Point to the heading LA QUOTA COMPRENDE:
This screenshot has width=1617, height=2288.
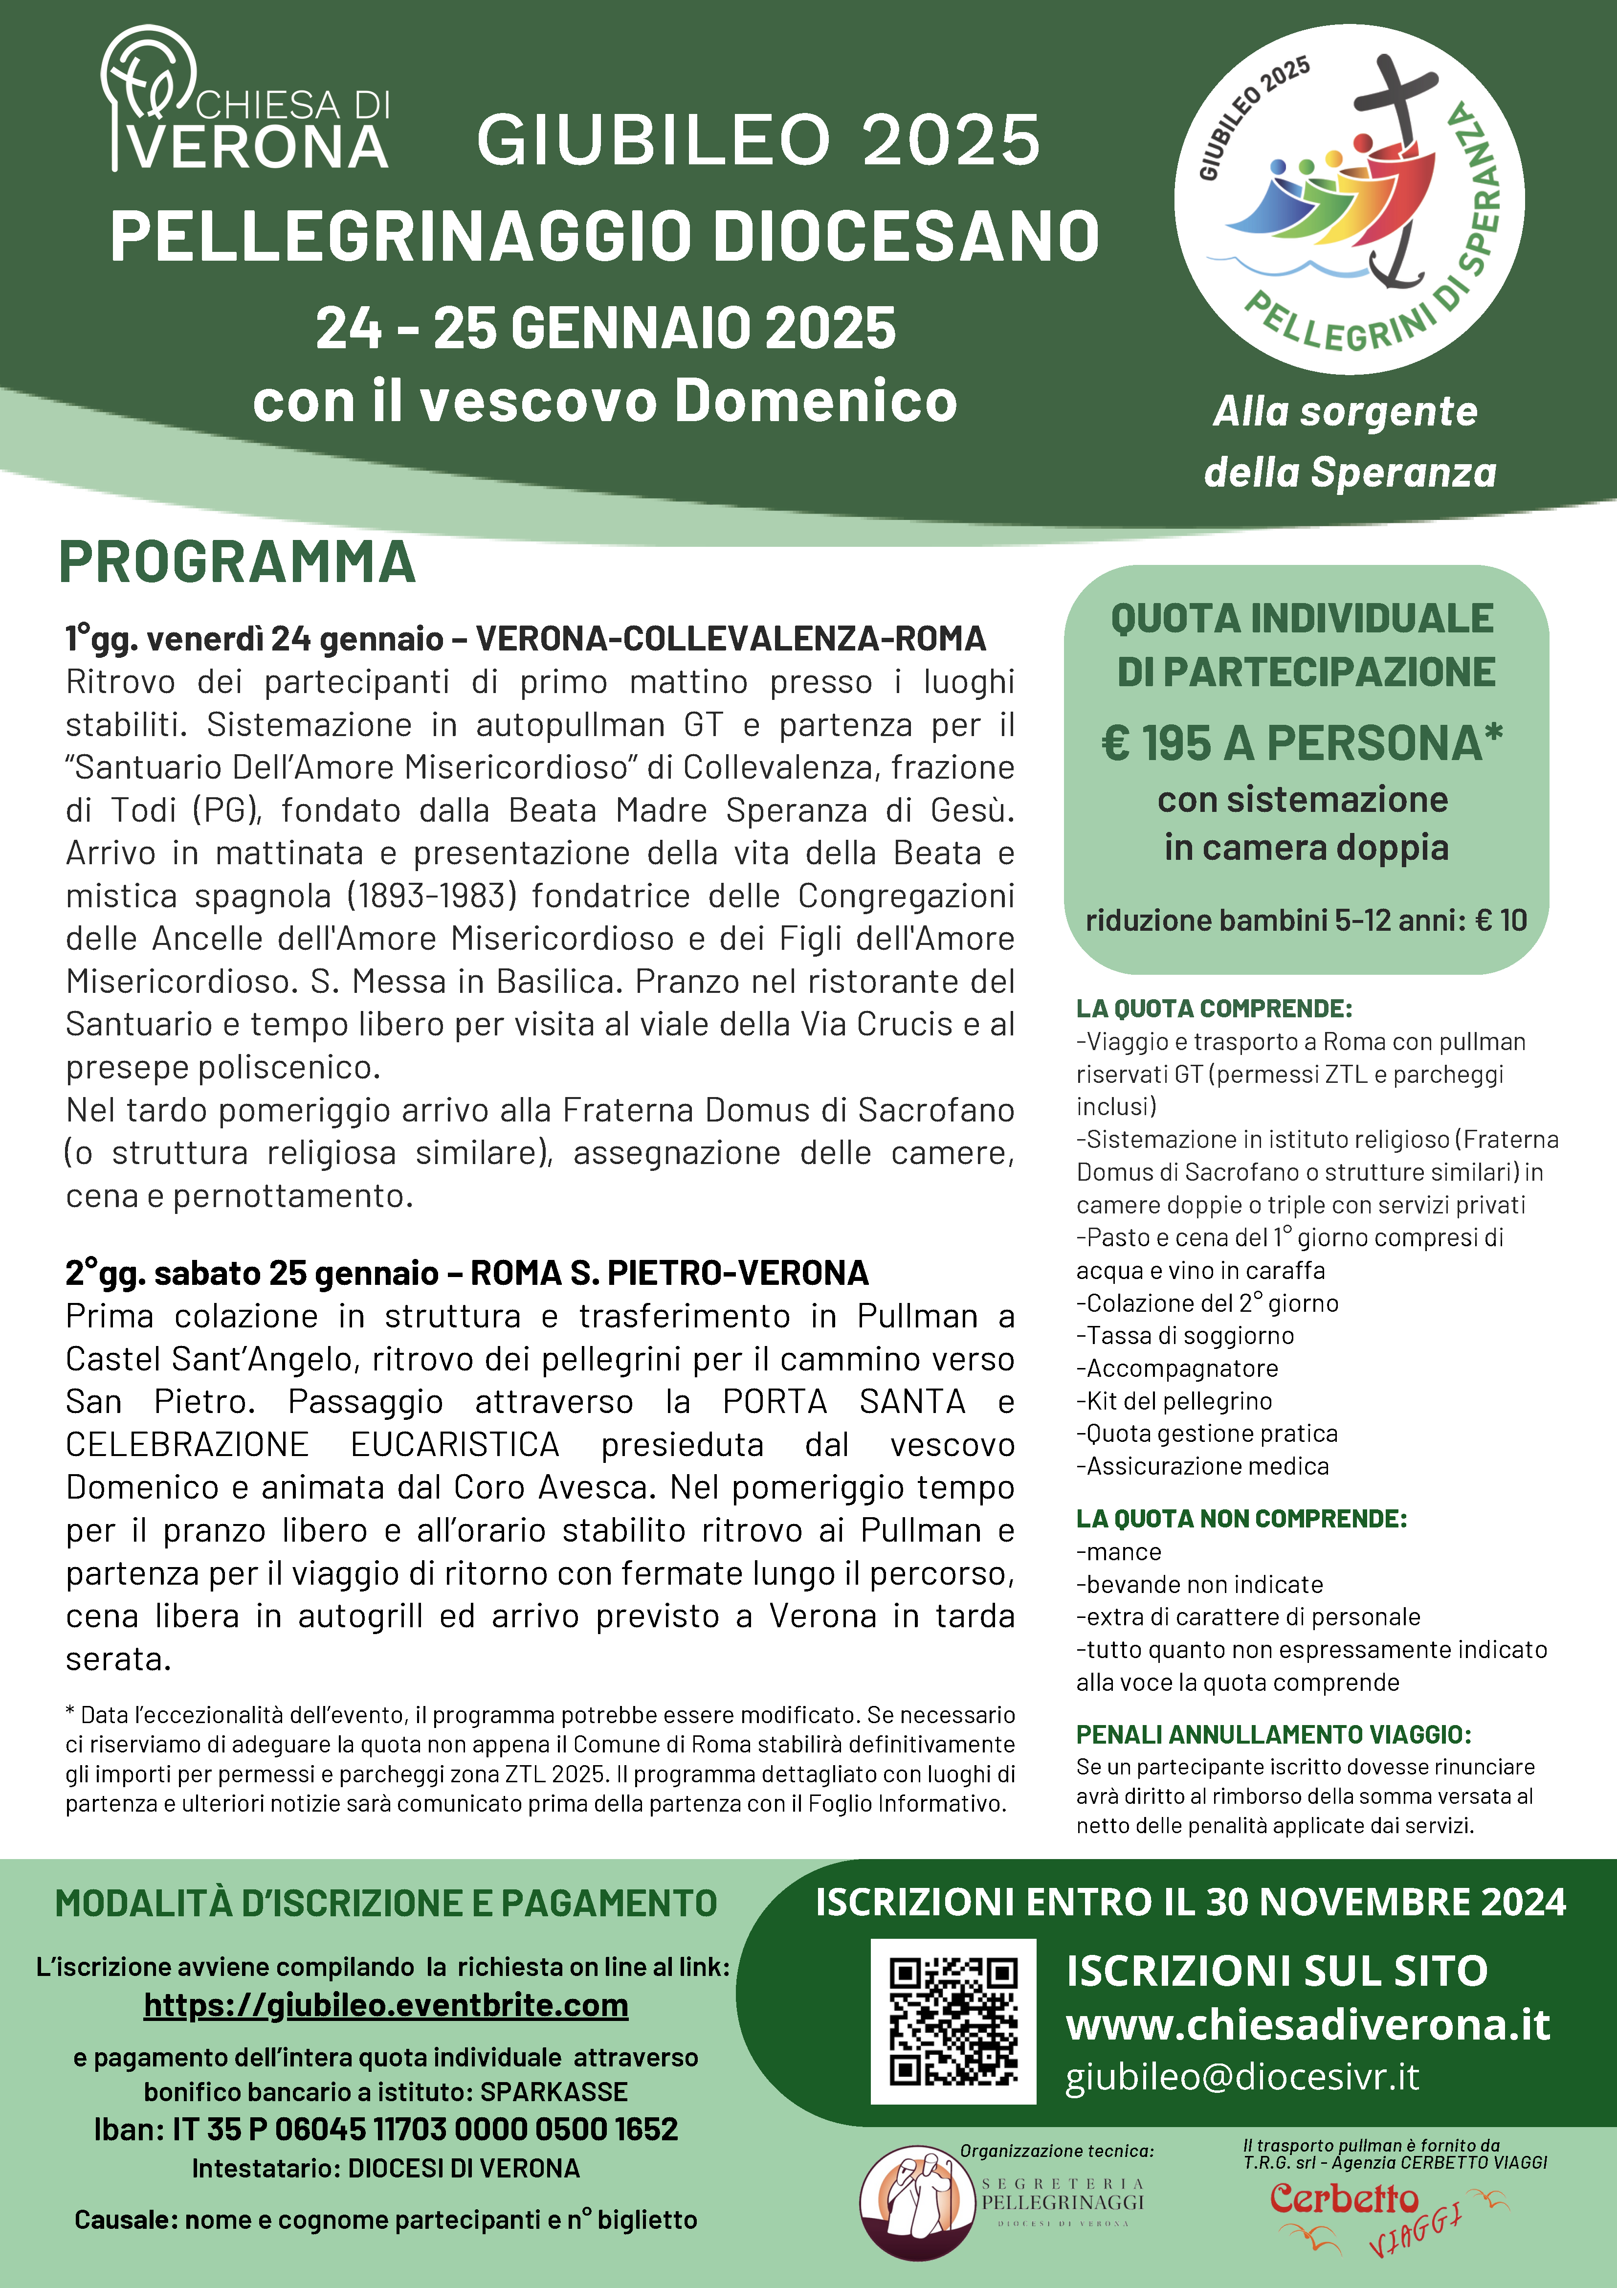click(x=1214, y=1009)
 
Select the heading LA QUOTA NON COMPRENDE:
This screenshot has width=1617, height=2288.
click(x=1240, y=1519)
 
